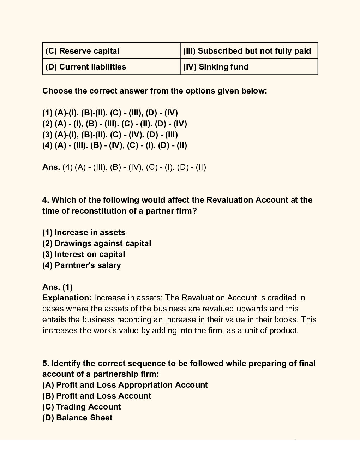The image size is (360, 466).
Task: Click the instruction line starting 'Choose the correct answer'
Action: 155,91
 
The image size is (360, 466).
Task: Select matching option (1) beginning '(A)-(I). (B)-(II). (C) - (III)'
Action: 110,113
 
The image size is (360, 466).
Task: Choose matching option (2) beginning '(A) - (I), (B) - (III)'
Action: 115,124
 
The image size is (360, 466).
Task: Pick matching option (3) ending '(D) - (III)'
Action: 110,135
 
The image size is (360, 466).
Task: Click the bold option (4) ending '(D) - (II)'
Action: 115,145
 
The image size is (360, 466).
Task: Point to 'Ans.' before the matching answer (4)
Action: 51,167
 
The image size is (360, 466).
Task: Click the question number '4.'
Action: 46,200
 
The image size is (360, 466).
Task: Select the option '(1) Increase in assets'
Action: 84,232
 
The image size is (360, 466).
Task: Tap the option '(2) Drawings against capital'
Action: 97,243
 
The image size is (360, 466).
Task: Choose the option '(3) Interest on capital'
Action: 84,254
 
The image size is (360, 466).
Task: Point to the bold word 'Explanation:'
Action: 67,298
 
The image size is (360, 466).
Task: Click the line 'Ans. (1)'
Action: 58,287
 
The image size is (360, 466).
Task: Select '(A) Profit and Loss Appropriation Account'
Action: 125,385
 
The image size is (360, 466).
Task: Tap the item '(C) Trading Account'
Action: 82,407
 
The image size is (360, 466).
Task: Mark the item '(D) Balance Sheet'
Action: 77,418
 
